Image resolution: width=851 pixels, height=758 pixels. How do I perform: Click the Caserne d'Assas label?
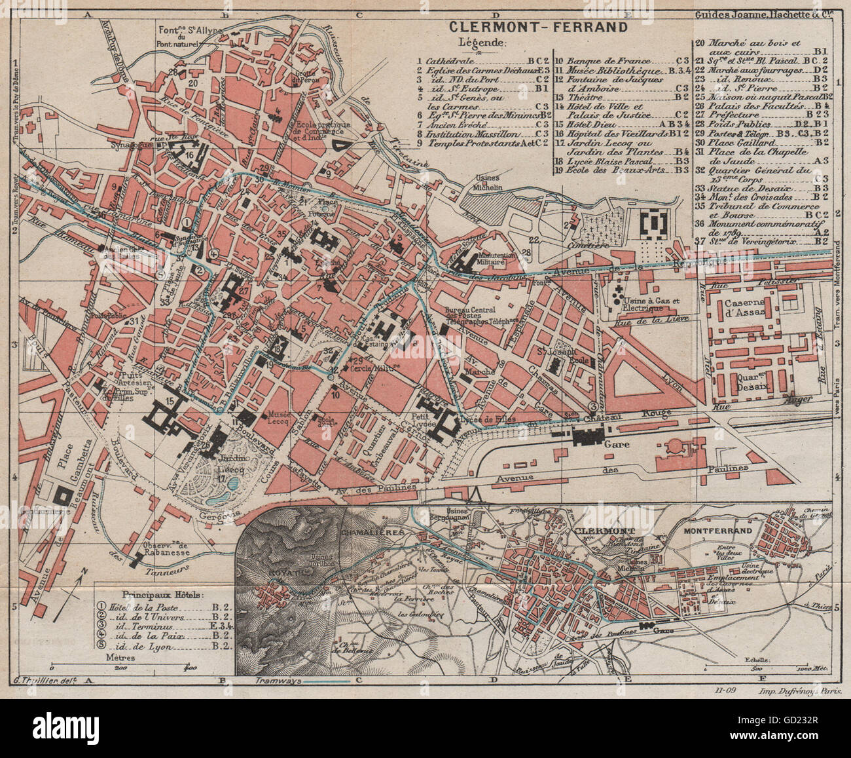(751, 310)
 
